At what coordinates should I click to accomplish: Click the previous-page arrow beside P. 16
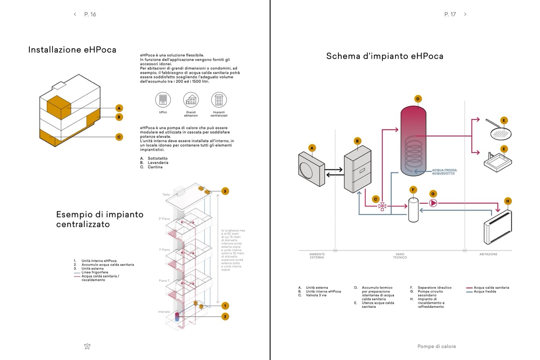75,14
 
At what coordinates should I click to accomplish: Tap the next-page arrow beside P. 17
465,14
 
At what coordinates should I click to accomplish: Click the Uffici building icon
163,100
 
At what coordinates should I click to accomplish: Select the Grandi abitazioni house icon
191,100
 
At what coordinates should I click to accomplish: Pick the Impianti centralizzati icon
219,100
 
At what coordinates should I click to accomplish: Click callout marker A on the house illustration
119,108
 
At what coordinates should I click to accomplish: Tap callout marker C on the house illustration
119,137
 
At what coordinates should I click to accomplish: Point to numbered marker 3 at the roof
225,191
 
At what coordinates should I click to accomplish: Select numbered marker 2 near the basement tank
225,317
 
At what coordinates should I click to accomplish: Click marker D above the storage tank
418,99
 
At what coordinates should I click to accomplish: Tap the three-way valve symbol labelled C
382,206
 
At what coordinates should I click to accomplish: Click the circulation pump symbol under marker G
433,203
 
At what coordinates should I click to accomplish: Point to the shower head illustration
500,132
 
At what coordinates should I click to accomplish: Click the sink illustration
498,160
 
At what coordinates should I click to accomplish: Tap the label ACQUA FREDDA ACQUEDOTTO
444,172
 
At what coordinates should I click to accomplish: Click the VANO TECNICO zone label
400,256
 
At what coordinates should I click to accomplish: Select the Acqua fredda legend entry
485,292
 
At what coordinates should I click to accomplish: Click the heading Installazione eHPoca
72,50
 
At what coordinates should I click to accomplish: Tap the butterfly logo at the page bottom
88,346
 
